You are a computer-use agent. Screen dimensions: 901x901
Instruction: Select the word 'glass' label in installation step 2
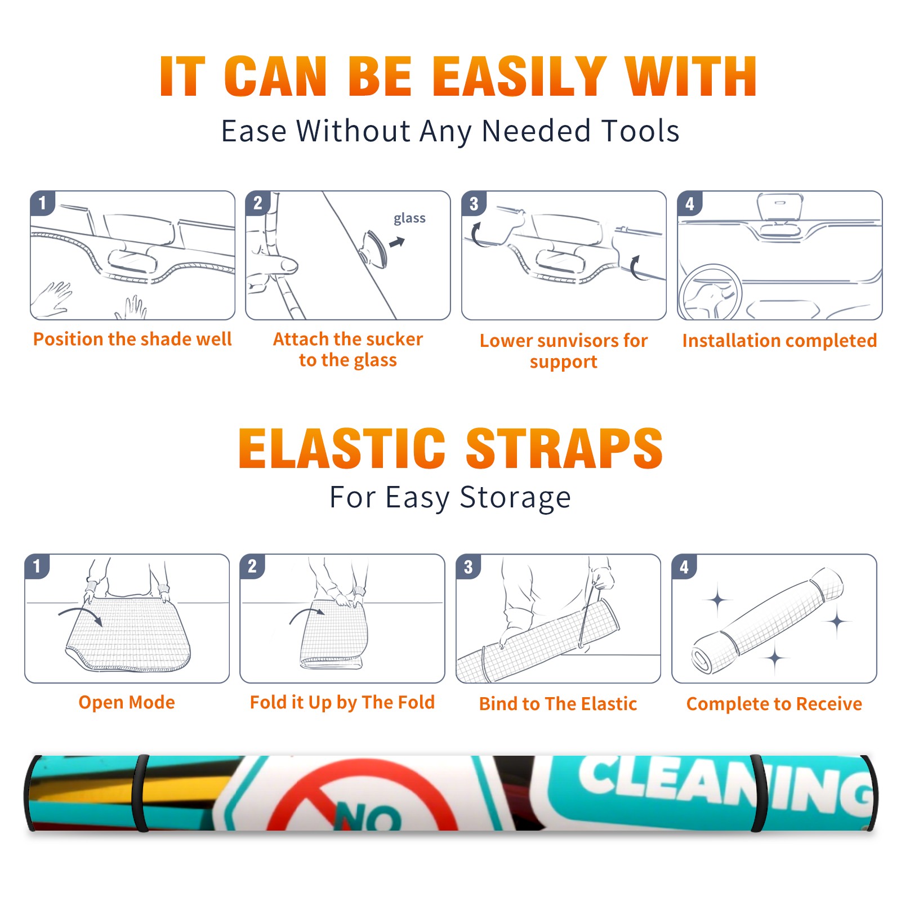pos(409,218)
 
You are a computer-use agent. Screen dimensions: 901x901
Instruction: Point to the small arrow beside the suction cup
pos(397,242)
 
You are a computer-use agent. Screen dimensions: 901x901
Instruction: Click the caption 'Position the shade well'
pos(132,339)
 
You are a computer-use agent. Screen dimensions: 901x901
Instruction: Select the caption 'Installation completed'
pos(779,341)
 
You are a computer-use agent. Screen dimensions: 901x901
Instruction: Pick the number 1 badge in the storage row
pos(37,566)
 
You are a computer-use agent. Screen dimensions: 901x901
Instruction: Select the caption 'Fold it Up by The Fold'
pos(342,703)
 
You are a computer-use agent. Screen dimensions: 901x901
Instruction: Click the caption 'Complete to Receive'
pos(774,704)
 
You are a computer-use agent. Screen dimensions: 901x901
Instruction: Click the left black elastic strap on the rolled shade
pos(140,793)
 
